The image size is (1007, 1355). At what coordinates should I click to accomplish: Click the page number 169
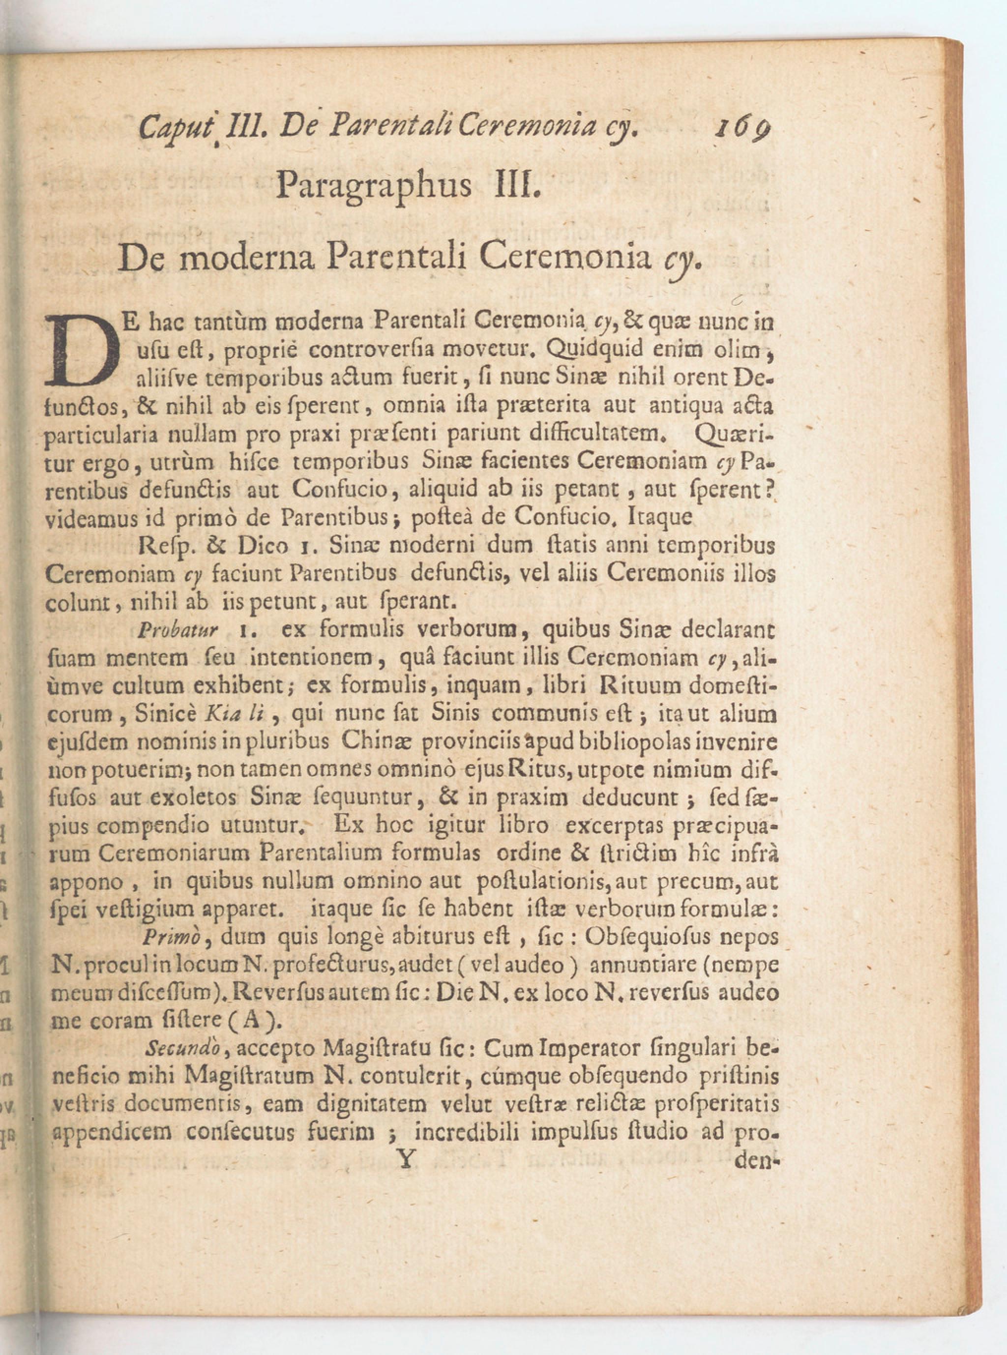743,129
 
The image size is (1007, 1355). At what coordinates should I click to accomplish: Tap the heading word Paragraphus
373,186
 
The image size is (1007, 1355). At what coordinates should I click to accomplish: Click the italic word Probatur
178,630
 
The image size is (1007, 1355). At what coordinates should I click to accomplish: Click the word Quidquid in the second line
586,349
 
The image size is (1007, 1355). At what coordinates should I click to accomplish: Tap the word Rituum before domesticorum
639,686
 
